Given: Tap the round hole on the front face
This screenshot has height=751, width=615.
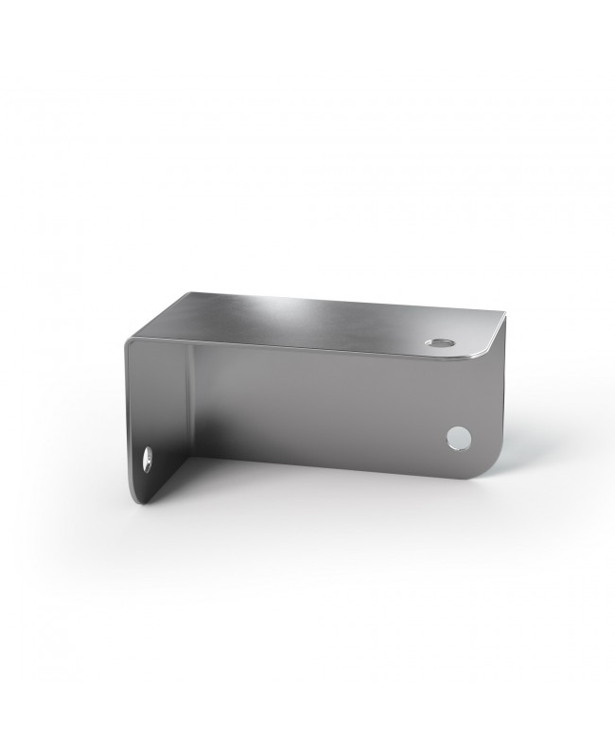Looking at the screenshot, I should (x=459, y=436).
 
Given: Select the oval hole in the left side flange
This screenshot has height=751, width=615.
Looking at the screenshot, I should (x=148, y=461).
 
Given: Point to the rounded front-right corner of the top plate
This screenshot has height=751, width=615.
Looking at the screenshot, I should (x=489, y=349).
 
